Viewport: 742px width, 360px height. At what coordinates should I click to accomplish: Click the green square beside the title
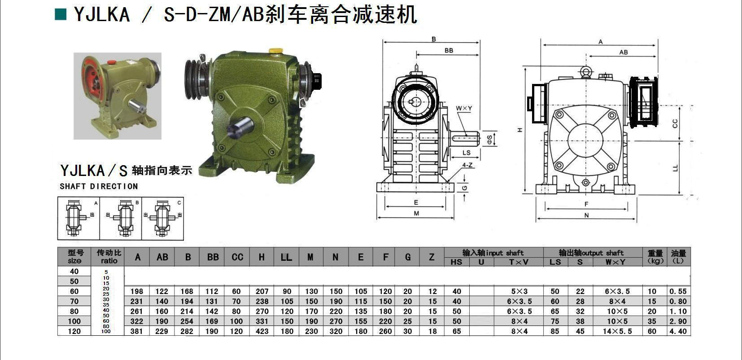[x=60, y=14]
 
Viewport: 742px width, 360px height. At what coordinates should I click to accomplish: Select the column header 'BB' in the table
[x=213, y=257]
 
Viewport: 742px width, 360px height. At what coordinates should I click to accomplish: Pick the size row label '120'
[x=74, y=331]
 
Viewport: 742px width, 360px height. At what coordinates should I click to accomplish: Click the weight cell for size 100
[x=651, y=321]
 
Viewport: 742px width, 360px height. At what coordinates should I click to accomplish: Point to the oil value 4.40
[x=678, y=331]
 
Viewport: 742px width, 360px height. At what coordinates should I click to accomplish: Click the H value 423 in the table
[x=262, y=331]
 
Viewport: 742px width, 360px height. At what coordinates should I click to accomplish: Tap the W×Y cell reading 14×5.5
[x=617, y=331]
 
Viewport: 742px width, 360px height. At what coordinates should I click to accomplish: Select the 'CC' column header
[x=237, y=257]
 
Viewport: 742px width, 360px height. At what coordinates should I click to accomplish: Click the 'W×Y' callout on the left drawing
[x=464, y=108]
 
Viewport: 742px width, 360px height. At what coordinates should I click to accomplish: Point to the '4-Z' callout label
[x=467, y=165]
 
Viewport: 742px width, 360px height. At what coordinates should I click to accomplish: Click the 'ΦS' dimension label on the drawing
[x=489, y=139]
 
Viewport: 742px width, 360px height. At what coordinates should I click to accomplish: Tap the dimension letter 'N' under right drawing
[x=586, y=215]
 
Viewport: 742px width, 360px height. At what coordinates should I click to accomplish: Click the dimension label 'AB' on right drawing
[x=623, y=53]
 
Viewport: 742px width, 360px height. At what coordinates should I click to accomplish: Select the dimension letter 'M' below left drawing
[x=416, y=214]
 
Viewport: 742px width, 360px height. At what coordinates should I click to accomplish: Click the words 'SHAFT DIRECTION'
[x=99, y=186]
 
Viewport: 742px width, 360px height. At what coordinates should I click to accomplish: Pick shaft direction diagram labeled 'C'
[x=162, y=219]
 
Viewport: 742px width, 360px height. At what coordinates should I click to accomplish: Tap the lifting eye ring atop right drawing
[x=585, y=71]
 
